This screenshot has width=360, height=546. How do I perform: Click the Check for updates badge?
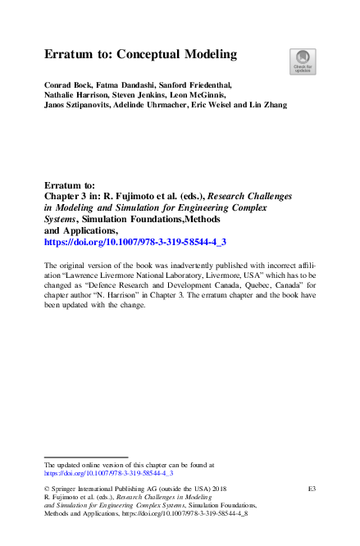pos(303,61)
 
